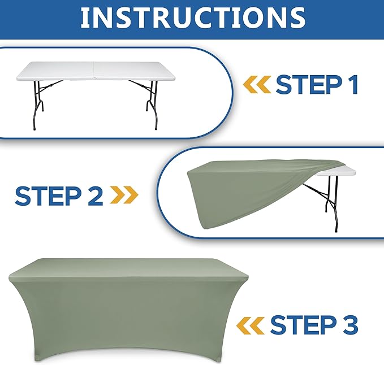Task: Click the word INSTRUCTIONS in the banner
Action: (193, 18)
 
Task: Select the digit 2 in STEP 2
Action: (94, 195)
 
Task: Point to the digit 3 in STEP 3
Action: (350, 324)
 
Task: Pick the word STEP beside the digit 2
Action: (48, 195)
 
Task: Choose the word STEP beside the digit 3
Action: (304, 325)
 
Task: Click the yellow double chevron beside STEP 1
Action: (257, 84)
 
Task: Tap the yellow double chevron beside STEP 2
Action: (124, 195)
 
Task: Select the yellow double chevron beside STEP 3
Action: (251, 325)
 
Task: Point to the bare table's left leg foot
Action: (34, 128)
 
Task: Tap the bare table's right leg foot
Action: (156, 128)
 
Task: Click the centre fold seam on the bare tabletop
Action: (94, 71)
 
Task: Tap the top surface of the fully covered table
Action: (128, 268)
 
